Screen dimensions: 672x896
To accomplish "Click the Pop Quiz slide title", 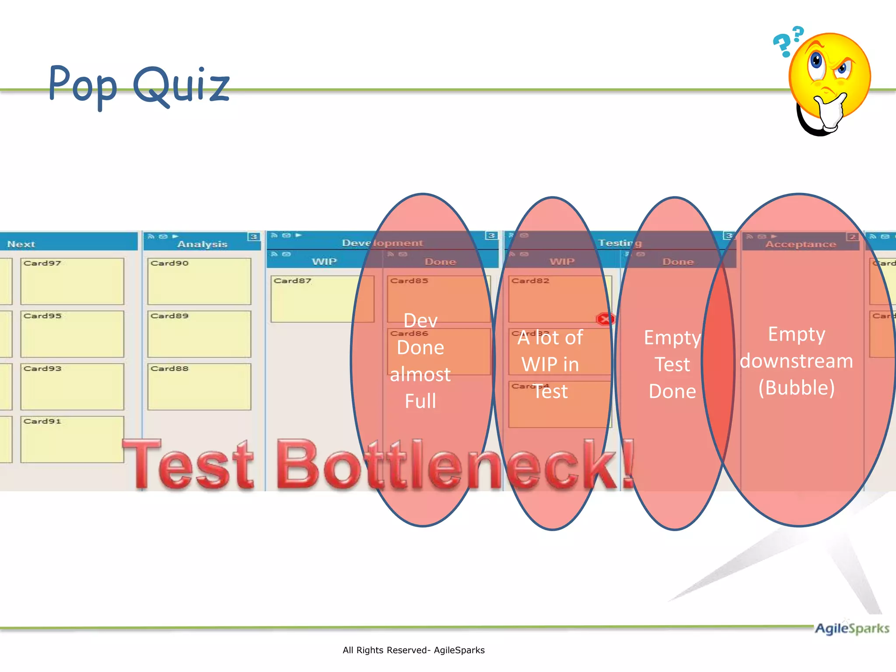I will (x=139, y=84).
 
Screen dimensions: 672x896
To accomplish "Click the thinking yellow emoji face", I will (x=829, y=79).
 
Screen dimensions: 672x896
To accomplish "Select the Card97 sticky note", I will (x=72, y=281).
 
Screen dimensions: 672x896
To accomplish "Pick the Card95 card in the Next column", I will (x=72, y=334).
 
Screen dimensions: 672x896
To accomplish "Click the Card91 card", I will (x=72, y=439).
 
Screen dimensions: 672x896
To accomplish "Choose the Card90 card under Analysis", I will (x=199, y=281).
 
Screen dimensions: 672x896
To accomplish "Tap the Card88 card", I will (x=199, y=386).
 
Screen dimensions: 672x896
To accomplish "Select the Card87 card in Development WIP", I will (x=322, y=299).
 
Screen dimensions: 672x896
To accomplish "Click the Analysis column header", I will (x=202, y=244).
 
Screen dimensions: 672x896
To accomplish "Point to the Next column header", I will (x=21, y=244).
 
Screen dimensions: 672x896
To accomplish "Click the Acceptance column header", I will (x=800, y=244).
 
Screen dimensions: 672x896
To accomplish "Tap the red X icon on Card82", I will (x=605, y=319).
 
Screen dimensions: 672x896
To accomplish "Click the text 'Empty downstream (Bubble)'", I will (x=796, y=361).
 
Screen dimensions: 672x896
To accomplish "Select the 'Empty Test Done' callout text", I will (x=672, y=364).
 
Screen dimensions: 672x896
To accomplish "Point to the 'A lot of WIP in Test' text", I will (x=550, y=364).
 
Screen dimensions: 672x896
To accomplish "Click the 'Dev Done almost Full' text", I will (x=420, y=361).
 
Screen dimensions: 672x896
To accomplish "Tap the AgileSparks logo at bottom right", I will (x=851, y=628).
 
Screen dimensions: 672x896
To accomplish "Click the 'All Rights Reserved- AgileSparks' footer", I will (x=413, y=650).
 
